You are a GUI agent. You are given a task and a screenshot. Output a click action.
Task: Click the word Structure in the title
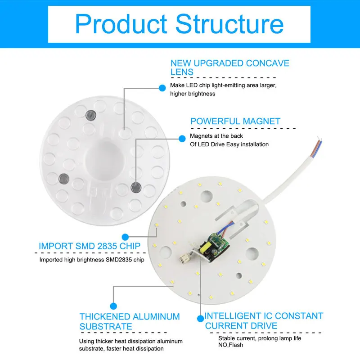[x=229, y=24]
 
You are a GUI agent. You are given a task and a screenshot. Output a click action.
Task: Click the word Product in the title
[x=121, y=24]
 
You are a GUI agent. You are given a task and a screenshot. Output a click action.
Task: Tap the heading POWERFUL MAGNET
[x=235, y=121]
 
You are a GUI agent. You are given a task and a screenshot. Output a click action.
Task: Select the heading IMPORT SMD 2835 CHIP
[x=90, y=246]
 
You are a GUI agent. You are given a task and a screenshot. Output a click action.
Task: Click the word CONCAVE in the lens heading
[x=267, y=63]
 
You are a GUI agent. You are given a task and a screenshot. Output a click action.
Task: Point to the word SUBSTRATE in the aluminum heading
[x=106, y=327]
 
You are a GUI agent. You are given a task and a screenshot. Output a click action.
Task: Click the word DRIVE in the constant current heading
[x=264, y=326]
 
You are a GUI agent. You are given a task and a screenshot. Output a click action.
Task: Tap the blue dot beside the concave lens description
[x=162, y=88]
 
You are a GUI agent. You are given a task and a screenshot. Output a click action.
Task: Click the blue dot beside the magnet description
[x=182, y=139]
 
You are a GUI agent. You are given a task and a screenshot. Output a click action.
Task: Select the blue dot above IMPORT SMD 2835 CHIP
[x=125, y=237]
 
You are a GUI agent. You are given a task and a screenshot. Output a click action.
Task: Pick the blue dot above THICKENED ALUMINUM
[x=113, y=306]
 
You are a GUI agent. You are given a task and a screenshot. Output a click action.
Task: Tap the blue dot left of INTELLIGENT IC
[x=200, y=319]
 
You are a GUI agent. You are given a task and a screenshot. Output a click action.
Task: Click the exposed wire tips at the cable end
[x=320, y=140]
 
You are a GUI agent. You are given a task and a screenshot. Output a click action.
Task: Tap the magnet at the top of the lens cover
[x=91, y=115]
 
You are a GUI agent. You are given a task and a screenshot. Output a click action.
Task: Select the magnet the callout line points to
[x=136, y=187]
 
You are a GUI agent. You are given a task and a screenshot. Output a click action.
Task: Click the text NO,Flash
[x=230, y=345]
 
